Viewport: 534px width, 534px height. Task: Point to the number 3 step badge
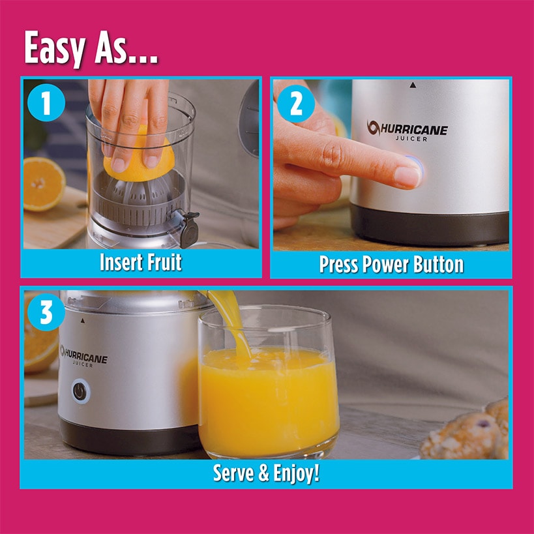pos(46,313)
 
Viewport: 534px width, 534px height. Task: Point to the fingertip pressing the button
pos(408,174)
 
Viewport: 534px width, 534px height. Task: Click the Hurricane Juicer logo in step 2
pos(407,130)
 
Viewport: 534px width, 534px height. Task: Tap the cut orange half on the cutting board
pos(44,184)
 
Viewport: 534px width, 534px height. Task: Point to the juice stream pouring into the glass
pos(235,326)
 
